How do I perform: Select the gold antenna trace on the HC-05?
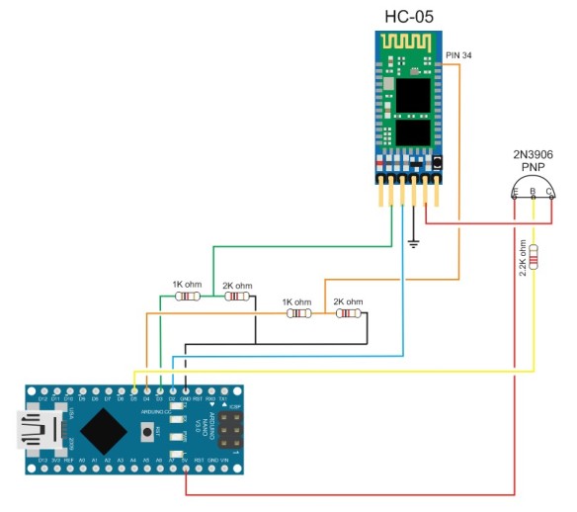coord(407,45)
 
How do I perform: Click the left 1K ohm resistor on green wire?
coord(187,296)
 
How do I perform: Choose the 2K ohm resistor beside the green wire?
coord(236,296)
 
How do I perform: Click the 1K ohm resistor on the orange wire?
coord(297,313)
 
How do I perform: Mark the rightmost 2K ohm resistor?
coord(348,313)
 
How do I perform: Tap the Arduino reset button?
coord(149,432)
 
